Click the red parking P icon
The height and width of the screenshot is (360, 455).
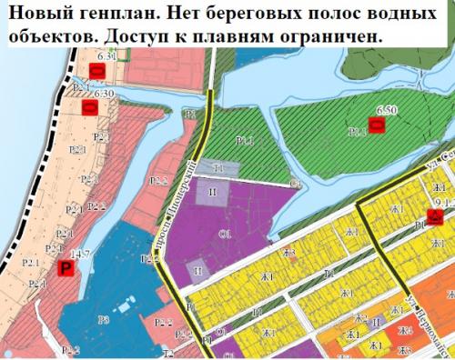pos(65,267)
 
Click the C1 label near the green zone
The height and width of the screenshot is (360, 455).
pos(295,185)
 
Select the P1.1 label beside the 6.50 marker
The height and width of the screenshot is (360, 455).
pos(358,133)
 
